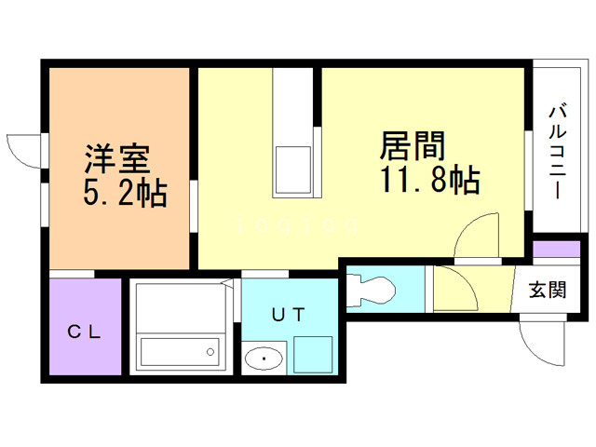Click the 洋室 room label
pos(118,158)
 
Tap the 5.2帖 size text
pos(121,194)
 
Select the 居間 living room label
pos(413,145)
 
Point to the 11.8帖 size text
pos(429,180)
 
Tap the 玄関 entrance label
pos(549,290)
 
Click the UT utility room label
pos(288,315)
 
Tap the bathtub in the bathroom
pos(182,353)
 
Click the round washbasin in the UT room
pos(266,357)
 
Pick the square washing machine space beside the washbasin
pos(310,355)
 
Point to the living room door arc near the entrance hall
pos(481,236)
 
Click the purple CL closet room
pos(84,326)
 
